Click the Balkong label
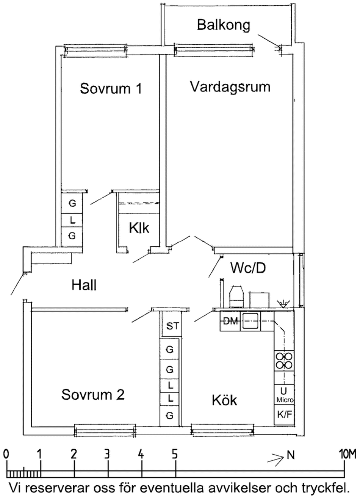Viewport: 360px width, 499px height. [x=224, y=25]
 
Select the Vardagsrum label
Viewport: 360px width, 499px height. [x=230, y=86]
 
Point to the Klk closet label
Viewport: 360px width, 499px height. [x=139, y=228]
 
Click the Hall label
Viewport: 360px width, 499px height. [x=84, y=285]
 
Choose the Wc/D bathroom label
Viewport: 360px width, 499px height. [x=248, y=268]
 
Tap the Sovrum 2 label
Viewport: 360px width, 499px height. [x=93, y=395]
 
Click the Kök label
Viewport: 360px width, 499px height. [x=224, y=400]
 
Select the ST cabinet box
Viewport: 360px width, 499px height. [x=172, y=326]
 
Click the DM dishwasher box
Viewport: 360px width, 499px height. [x=230, y=322]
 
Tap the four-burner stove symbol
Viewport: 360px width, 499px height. [x=284, y=361]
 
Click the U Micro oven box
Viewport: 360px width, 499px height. [x=284, y=395]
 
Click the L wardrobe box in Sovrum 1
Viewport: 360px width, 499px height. [x=72, y=220]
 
